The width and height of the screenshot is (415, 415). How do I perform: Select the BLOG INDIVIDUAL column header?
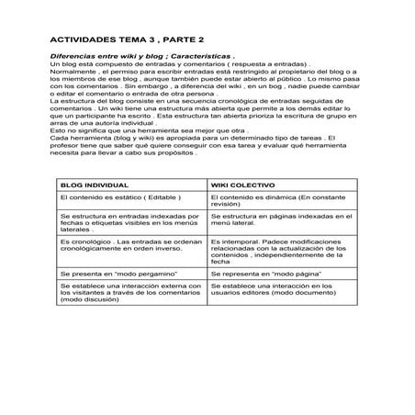point(95,185)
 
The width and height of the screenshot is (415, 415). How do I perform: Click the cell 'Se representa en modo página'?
point(264,273)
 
